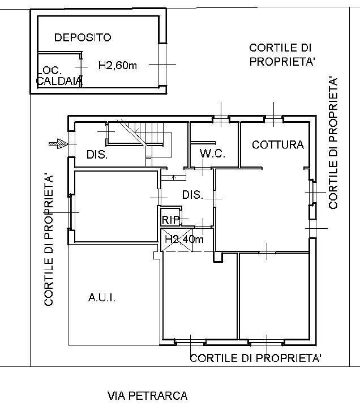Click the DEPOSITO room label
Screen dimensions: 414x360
(x=83, y=37)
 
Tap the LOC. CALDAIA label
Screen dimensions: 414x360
(x=58, y=76)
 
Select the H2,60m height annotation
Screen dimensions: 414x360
(x=118, y=66)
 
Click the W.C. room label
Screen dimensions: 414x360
(x=213, y=153)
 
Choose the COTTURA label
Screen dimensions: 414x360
(x=277, y=144)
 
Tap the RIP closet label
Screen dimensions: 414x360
(x=170, y=220)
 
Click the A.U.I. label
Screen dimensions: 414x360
(x=102, y=297)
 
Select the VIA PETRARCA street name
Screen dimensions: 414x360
(x=147, y=396)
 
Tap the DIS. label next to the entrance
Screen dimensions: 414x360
(x=97, y=155)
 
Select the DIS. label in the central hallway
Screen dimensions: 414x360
(x=192, y=195)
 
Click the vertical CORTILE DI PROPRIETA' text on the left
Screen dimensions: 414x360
(x=49, y=241)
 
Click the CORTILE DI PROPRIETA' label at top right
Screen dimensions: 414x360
(x=282, y=55)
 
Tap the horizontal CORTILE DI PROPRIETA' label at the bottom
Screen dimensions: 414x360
(x=256, y=358)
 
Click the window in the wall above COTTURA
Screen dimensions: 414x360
(x=274, y=119)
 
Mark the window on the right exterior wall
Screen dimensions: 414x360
(x=312, y=193)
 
